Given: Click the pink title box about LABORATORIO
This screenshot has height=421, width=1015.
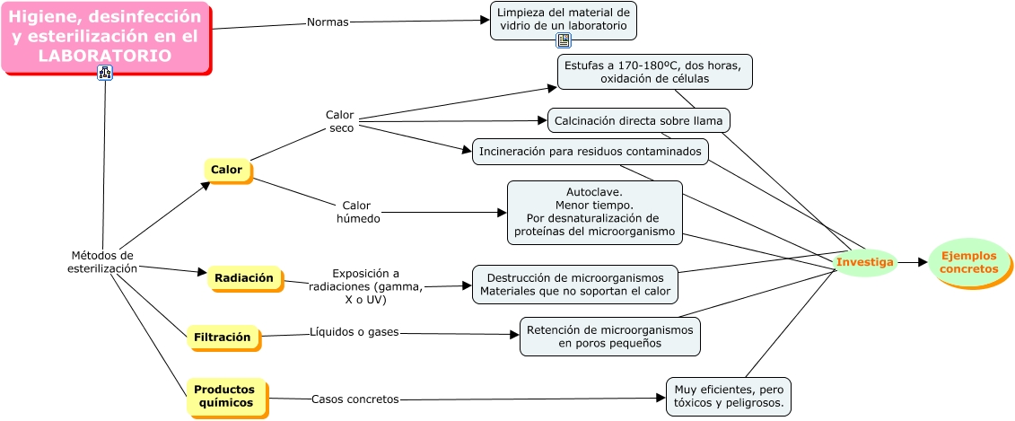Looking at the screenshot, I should click(105, 37).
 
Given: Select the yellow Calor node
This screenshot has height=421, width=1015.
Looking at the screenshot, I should click(227, 170).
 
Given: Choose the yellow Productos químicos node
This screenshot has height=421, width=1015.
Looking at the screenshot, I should click(225, 396).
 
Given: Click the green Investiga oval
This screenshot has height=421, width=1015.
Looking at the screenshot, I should click(864, 262).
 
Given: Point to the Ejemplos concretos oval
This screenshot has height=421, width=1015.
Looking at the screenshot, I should click(969, 262).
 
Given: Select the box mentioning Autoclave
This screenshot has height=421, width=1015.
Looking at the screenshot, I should click(594, 212).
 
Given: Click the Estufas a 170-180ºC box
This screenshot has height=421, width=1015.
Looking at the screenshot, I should click(654, 72).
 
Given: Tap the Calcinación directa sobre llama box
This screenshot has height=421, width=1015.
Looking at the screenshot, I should click(638, 119).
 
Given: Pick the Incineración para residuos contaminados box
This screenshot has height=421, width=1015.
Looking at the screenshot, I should click(590, 151).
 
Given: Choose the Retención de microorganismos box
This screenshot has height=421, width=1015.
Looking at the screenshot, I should click(609, 336).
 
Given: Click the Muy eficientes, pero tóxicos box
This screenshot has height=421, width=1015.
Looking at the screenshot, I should click(728, 397).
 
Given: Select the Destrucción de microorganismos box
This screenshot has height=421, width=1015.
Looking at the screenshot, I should click(574, 284).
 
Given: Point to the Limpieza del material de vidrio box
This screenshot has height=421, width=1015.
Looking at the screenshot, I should click(563, 19).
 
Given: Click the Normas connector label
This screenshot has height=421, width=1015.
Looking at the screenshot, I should click(328, 22).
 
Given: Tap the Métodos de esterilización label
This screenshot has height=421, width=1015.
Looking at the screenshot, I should click(102, 261).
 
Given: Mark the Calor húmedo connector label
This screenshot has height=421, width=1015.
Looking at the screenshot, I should click(357, 212).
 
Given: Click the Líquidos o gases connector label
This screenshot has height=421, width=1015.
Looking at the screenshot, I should click(354, 333).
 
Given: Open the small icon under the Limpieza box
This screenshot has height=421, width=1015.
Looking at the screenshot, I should click(564, 40).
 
